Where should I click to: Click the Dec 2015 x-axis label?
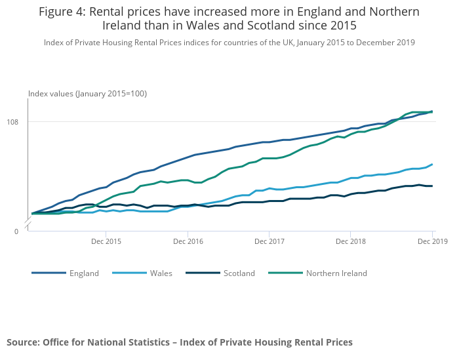point(106,241)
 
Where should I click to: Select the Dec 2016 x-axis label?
point(188,241)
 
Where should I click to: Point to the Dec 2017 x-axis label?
point(269,241)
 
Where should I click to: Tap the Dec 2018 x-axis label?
point(350,241)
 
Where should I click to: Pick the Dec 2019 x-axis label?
point(432,241)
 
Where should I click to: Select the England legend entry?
point(84,273)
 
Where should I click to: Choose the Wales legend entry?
point(161,273)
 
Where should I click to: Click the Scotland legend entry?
point(239,273)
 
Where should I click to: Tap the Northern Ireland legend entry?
point(336,273)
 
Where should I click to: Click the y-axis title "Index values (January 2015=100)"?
point(87,94)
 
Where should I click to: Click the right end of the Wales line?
point(432,165)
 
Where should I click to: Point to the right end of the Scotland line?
point(432,186)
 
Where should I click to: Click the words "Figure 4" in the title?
point(63,12)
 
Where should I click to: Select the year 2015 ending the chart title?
point(342,26)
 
